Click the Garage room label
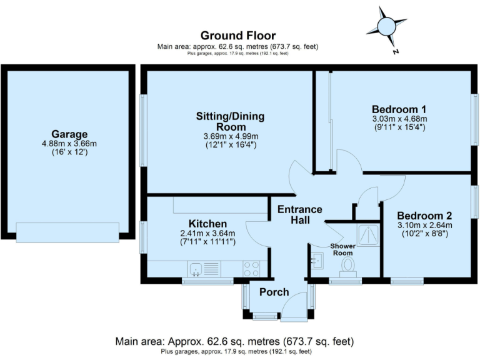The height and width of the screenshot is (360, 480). click(x=69, y=134)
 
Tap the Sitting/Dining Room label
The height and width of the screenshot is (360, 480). click(x=231, y=122)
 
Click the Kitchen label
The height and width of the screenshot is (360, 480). click(x=207, y=224)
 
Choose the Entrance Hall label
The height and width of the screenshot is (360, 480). click(x=300, y=215)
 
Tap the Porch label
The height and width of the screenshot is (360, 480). click(x=274, y=292)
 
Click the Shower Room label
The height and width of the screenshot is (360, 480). click(x=343, y=249)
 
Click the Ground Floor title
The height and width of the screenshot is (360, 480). click(x=238, y=35)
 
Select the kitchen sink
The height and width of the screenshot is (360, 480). click(x=196, y=269)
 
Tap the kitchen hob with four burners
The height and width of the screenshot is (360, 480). click(x=251, y=268)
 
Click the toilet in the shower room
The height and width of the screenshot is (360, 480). click(x=347, y=267)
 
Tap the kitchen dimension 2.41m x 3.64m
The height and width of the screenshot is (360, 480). click(x=207, y=234)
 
